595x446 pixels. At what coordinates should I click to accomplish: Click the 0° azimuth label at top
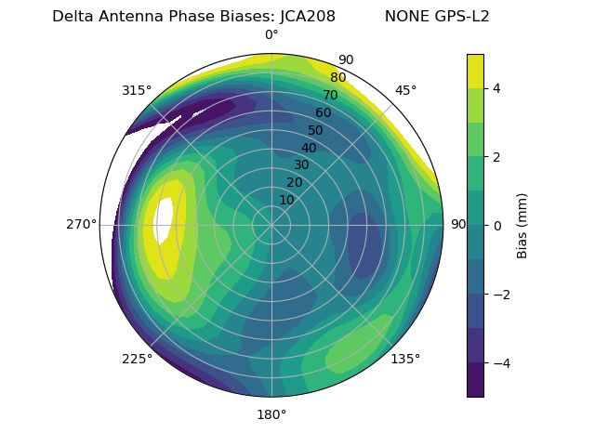click(271, 35)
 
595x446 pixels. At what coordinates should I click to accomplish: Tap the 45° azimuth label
click(405, 90)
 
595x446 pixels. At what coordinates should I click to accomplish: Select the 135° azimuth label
click(405, 359)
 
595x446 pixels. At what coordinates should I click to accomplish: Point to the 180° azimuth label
click(271, 414)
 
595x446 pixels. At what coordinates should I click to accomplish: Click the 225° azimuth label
click(137, 359)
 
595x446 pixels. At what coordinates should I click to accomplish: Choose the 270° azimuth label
click(81, 224)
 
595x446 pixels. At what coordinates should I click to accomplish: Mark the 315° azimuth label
click(137, 90)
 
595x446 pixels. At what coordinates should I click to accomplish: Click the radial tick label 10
click(286, 200)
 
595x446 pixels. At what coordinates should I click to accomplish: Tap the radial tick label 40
click(309, 148)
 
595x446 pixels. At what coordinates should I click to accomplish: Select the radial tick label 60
click(323, 113)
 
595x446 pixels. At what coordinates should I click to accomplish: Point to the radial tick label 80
click(337, 78)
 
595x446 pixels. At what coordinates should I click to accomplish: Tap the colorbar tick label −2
click(498, 294)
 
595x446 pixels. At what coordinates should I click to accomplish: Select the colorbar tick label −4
click(498, 362)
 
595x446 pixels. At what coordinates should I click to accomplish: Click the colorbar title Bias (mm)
click(522, 225)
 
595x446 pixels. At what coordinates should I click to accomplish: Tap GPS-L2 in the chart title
click(462, 16)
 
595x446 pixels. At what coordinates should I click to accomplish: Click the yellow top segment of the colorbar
click(475, 71)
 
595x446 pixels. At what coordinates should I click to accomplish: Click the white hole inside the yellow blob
click(165, 221)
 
